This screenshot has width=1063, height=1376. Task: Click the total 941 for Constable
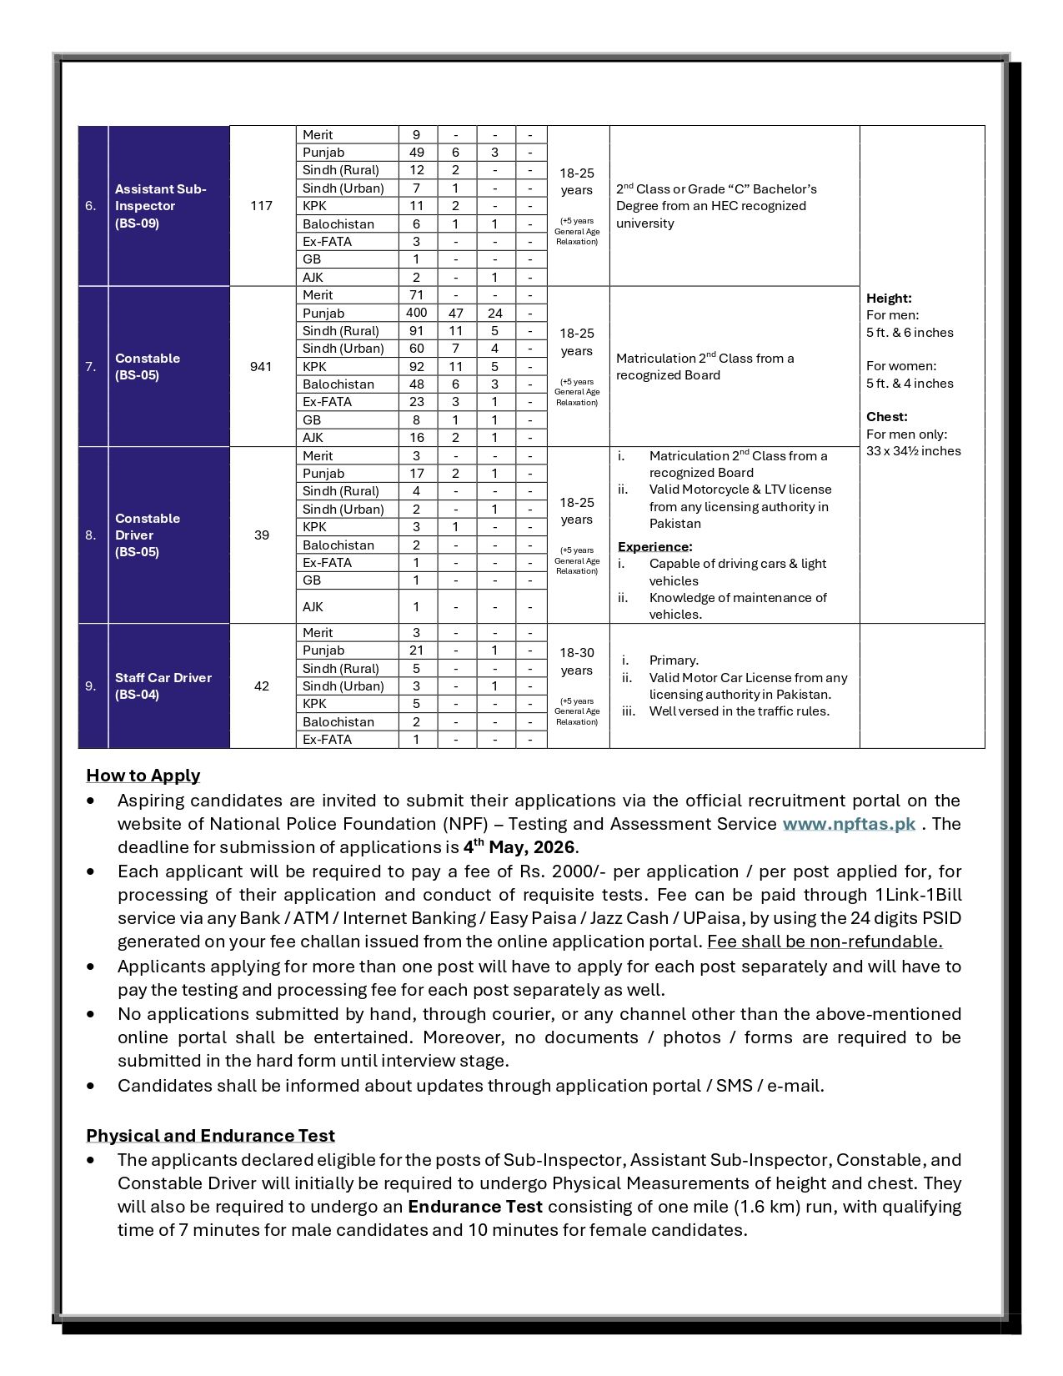261,366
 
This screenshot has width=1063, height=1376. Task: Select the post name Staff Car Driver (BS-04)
163,686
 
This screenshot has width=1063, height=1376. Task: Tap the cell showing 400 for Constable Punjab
417,313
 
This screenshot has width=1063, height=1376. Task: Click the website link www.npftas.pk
849,824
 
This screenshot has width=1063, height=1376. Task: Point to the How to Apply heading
143,776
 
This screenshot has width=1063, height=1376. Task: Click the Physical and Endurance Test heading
210,1136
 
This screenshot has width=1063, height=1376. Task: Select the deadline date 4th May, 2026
519,846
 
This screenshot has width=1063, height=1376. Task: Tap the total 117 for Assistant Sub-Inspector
261,206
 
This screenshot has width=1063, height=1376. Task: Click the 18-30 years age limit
577,661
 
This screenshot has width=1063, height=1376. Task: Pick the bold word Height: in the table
889,299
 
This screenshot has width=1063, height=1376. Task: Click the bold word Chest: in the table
887,417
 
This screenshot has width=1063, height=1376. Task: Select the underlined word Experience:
654,547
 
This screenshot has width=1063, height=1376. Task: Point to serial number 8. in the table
91,535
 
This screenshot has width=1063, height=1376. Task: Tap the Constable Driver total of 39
261,535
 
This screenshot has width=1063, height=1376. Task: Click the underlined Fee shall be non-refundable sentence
825,942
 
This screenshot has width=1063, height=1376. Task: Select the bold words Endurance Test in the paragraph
475,1207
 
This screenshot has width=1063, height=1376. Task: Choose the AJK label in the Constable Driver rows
313,607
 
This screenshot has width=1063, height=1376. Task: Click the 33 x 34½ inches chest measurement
913,451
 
